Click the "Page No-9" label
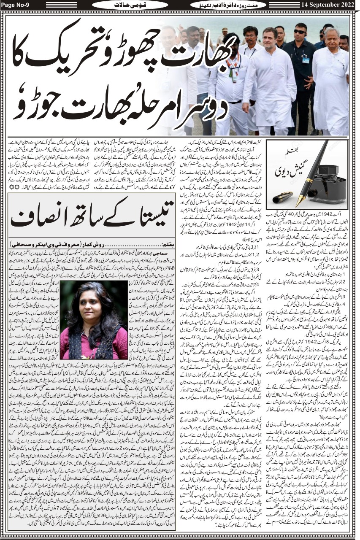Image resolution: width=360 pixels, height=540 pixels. (x=16, y=5)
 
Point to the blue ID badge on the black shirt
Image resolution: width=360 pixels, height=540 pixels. (x=306, y=60)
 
